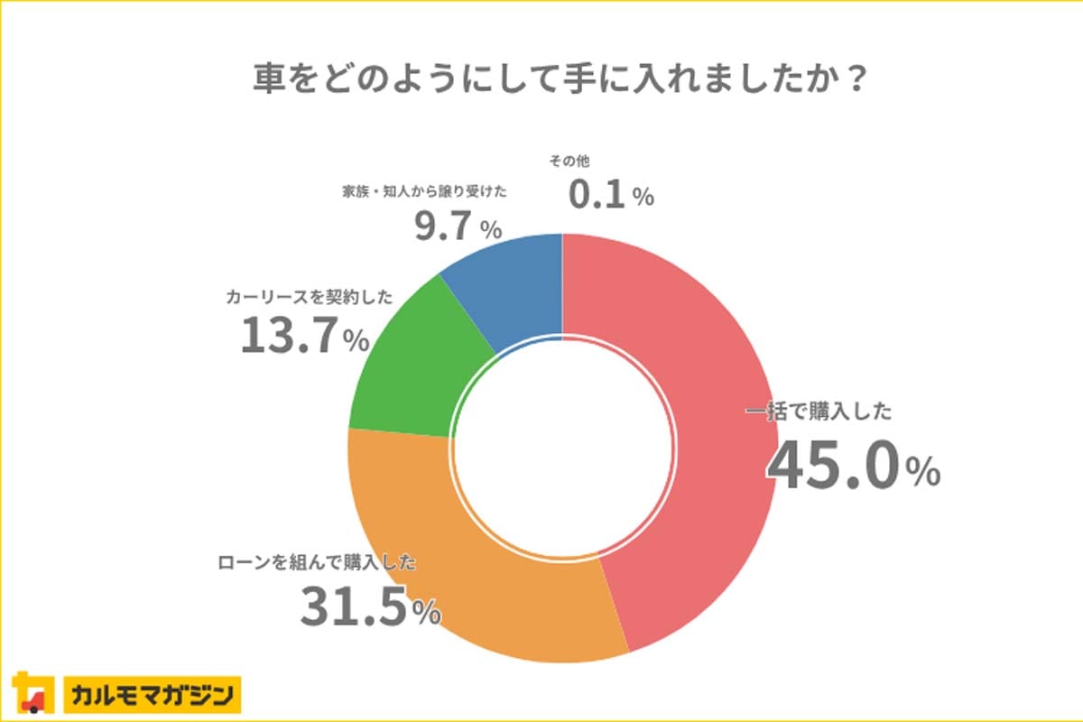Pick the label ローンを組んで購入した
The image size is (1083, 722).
click(x=317, y=562)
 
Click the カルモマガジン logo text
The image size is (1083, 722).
click(x=153, y=696)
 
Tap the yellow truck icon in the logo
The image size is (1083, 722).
click(x=32, y=694)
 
